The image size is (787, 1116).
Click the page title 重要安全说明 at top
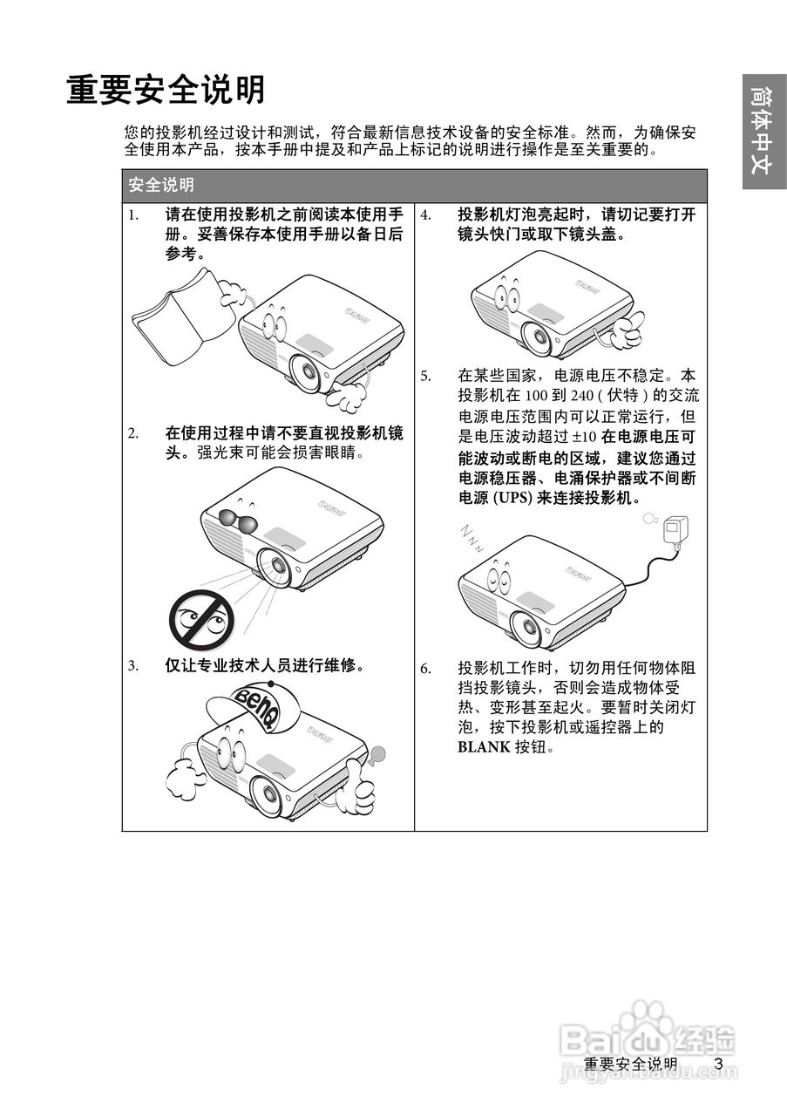click(166, 90)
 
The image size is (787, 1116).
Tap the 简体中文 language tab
click(763, 131)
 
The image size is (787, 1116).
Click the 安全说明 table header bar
click(414, 185)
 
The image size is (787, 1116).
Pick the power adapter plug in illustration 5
click(675, 529)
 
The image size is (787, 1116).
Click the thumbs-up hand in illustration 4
click(625, 330)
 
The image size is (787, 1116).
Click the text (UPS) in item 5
click(512, 499)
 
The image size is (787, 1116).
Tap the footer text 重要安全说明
click(630, 1065)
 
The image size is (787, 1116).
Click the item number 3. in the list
click(133, 666)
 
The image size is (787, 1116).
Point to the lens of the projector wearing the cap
click(268, 796)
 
